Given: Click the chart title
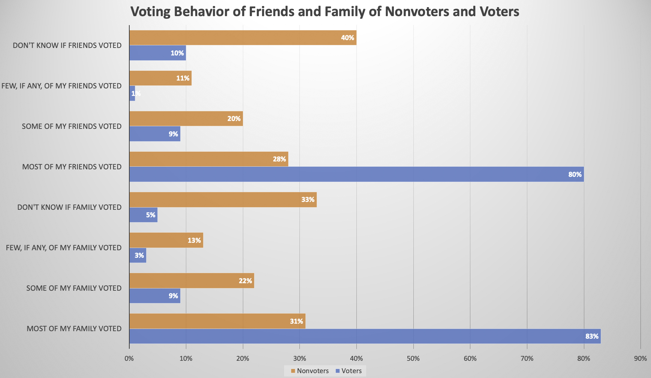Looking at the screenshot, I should point(325,12).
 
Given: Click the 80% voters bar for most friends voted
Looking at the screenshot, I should point(356,174).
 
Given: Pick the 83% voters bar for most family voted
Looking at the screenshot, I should point(365,336).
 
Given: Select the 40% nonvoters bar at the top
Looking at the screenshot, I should point(242,38).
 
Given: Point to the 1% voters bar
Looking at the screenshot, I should point(132,93).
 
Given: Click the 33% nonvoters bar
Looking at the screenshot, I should point(223,200).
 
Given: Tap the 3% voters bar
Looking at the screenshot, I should point(138,255).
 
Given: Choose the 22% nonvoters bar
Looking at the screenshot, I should point(192,281).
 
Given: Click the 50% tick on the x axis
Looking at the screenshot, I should point(413,359).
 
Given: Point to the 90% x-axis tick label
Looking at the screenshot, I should point(640,359).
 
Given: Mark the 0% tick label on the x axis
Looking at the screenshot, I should point(129,359).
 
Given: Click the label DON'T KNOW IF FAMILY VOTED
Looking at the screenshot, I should point(69,207).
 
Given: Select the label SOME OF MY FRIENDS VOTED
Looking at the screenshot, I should point(72,126).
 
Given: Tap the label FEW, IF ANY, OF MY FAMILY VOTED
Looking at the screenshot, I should point(64,248).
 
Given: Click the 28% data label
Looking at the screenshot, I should point(279,159).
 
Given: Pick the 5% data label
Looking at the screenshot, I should point(150,215).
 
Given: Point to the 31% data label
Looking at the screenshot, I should point(296,321).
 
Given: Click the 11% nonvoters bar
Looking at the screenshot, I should point(160,78).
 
